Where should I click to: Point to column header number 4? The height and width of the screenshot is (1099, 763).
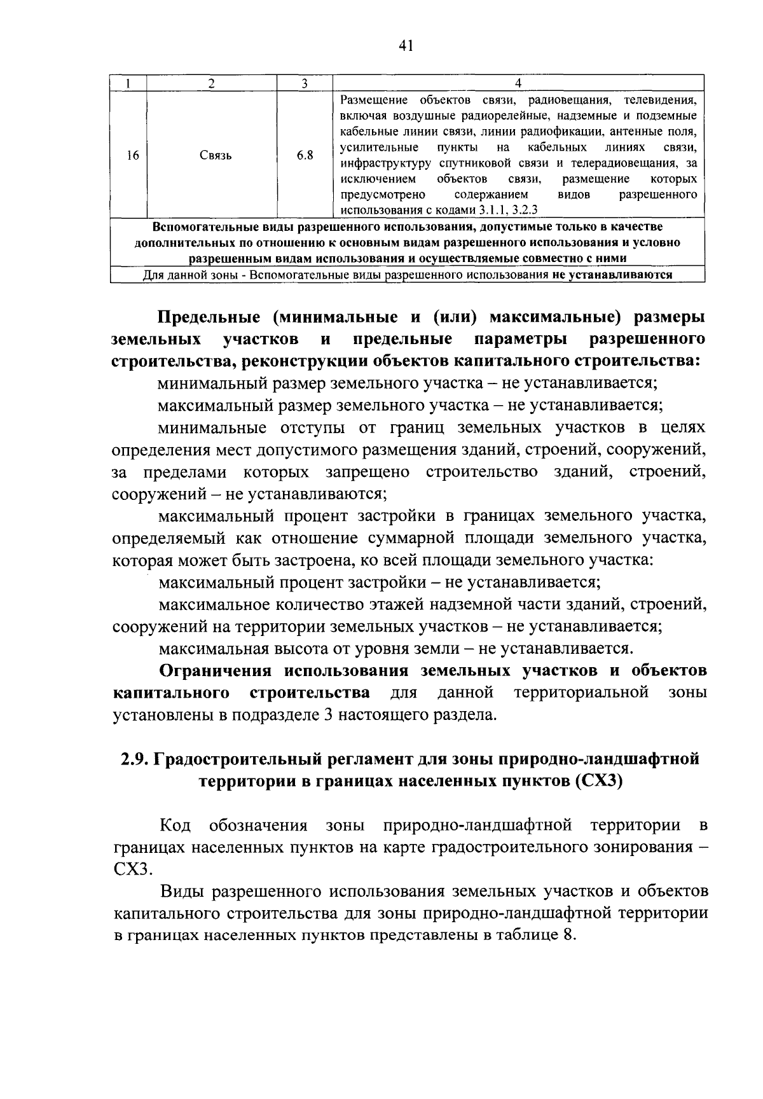tap(518, 83)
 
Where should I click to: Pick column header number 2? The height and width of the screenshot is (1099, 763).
tap(211, 83)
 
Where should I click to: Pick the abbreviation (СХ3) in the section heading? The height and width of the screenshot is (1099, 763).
tap(598, 781)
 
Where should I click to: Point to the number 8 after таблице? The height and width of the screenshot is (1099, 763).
tap(568, 935)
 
